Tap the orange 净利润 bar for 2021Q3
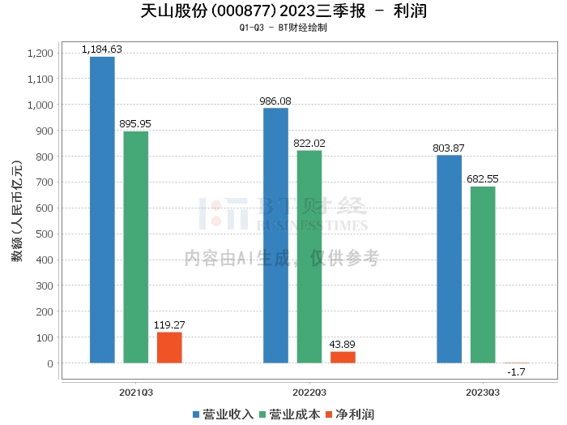pos(169,347)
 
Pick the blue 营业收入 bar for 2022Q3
pos(275,235)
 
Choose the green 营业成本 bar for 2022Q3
pos(309,256)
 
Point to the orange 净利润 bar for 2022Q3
pos(343,357)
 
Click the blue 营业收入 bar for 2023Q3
pos(449,259)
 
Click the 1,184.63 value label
pos(102,49)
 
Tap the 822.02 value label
pos(309,143)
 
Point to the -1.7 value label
pos(516,372)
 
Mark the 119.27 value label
pos(169,324)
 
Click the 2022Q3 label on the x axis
pos(309,392)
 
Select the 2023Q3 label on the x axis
pos(483,392)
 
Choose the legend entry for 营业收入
pos(223,414)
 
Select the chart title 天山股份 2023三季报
pos(283,11)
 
